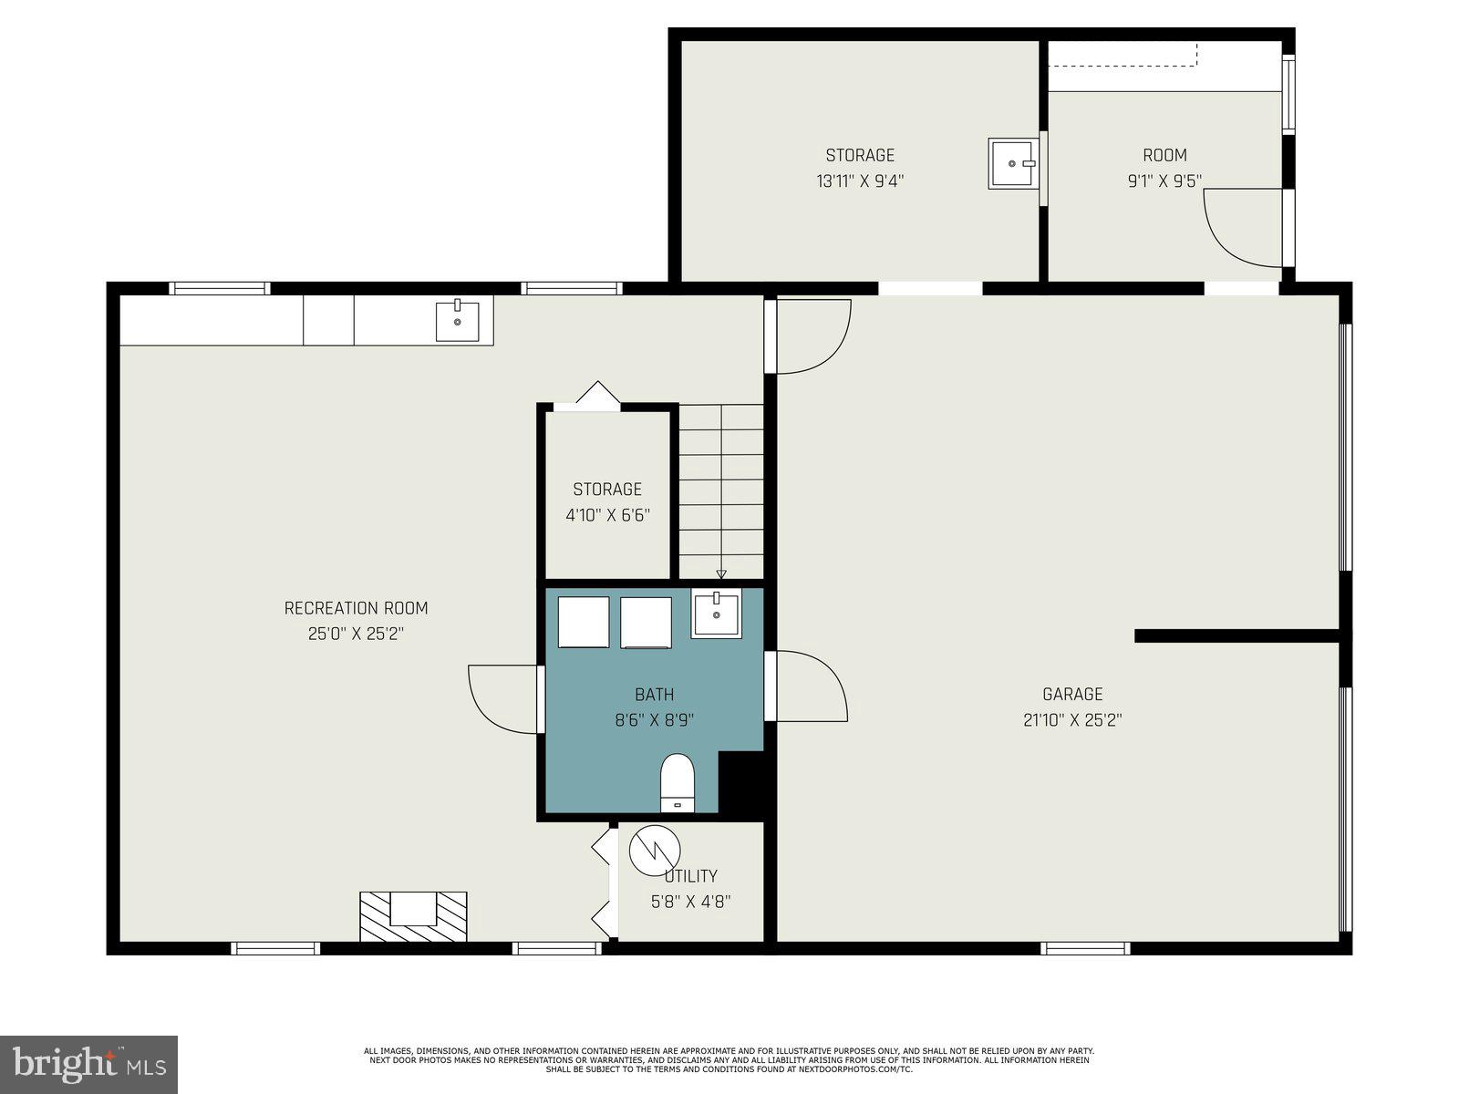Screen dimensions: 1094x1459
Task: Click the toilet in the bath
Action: [x=677, y=782]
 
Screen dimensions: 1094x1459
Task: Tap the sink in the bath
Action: [x=716, y=613]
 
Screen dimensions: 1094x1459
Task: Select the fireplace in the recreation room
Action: [x=413, y=916]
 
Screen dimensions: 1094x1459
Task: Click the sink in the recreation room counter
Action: [x=457, y=320]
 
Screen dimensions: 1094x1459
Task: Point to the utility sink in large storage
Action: [x=1012, y=163]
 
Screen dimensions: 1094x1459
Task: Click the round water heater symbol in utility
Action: [x=654, y=850]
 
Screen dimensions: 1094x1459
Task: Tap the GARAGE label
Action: [x=1072, y=694]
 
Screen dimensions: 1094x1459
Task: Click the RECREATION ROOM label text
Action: [x=356, y=608]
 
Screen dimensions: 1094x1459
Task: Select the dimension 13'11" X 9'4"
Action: [x=860, y=181]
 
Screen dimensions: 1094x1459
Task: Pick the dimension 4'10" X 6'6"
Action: [x=607, y=515]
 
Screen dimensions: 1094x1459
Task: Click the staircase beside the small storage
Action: [x=720, y=492]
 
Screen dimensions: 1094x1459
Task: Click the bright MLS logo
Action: [x=89, y=1064]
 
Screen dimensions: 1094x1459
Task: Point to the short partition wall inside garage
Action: [x=1236, y=635]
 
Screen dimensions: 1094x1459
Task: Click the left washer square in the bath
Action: [x=584, y=622]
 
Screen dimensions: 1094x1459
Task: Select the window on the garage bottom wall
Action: [x=1085, y=948]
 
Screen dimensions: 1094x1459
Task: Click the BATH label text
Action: [x=654, y=695]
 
